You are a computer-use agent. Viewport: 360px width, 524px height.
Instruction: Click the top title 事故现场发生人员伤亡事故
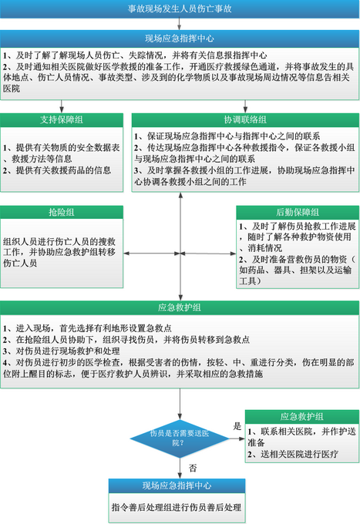pos(180,8)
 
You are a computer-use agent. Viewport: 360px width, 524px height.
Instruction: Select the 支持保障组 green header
pos(62,120)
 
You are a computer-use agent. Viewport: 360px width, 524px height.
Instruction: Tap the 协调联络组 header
pos(245,120)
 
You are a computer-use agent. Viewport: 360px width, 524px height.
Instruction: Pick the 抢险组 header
pos(62,212)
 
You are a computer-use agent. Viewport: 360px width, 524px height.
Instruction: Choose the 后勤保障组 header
pos(298,212)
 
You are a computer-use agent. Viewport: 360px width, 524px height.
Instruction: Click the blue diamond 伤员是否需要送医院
pos(180,438)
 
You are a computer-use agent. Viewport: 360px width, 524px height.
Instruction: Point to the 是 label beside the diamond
pos(237,426)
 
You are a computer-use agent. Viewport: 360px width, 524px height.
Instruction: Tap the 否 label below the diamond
pos(193,468)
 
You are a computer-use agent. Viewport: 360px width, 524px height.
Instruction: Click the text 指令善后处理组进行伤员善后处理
pos(177,507)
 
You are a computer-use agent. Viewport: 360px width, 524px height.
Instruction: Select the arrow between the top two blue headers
pos(180,24)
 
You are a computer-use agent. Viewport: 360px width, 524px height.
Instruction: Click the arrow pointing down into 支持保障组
pos(62,106)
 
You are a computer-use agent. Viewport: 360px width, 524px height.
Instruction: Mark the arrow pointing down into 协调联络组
pos(245,106)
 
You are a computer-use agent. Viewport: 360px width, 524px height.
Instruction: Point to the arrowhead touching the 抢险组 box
pos(126,254)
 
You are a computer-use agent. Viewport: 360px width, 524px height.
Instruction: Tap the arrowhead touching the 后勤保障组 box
pos(234,254)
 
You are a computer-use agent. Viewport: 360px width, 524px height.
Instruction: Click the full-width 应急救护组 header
pos(180,307)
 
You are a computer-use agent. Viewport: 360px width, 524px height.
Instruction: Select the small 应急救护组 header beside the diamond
pos(302,417)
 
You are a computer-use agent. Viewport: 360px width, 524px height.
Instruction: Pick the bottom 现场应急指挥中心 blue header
pos(177,485)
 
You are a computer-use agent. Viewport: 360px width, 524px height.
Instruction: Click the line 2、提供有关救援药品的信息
pos(57,170)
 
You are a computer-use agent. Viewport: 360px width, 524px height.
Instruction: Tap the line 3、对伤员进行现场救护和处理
pos(61,351)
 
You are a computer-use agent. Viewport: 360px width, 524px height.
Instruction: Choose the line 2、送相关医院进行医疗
pos(293,454)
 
